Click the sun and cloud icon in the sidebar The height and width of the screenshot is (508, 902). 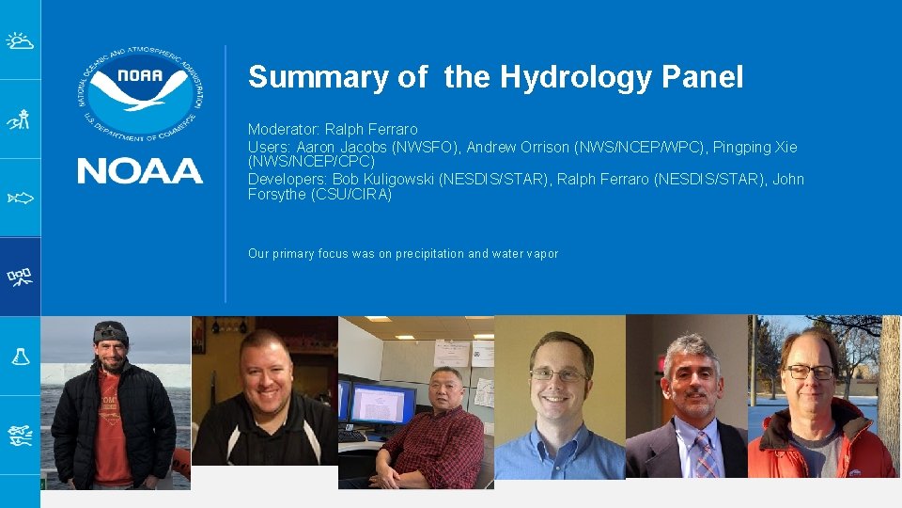tap(20, 40)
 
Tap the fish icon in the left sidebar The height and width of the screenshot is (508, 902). tap(20, 198)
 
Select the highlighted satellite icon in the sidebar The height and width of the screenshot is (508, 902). tap(20, 276)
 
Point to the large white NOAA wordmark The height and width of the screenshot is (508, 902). tap(139, 170)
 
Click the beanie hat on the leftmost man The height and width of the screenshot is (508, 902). tap(111, 331)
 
